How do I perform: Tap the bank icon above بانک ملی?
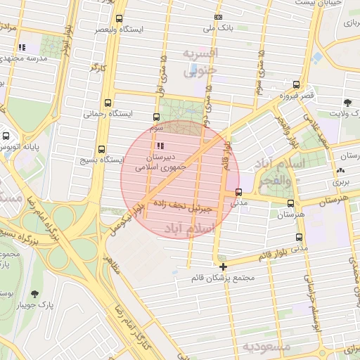(219, 17)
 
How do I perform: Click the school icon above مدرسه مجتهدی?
(22, 47)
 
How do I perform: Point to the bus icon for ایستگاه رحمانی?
(108, 102)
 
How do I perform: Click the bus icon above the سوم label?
(156, 117)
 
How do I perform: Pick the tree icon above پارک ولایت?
(347, 103)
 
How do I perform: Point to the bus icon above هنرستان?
(290, 202)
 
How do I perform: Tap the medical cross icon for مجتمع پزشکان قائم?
(224, 266)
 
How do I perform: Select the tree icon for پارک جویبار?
(34, 295)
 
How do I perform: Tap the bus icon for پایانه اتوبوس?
(6, 135)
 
